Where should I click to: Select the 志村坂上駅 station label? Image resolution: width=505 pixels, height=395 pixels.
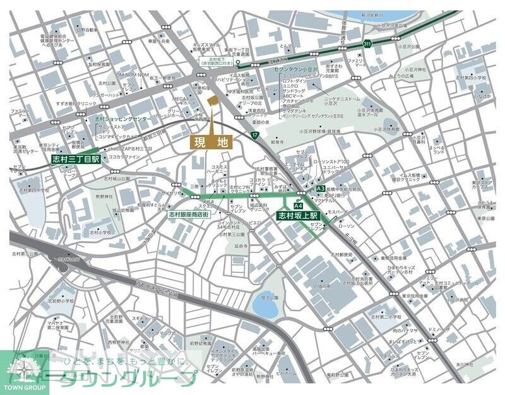click(299, 215)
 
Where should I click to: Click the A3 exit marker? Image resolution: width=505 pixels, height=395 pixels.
click(320, 189)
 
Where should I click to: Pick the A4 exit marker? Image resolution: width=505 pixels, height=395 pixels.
click(298, 205)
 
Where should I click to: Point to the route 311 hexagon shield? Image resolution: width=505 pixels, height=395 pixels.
click(367, 44)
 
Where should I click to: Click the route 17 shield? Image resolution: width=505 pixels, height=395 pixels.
click(254, 135)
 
